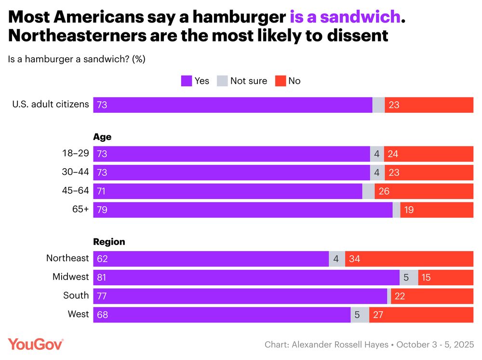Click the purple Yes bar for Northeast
pos(211,259)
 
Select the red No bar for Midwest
pos(445,277)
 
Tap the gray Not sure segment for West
pos(360,314)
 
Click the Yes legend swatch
pos(187,81)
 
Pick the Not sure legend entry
pos(242,81)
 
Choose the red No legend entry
pos(288,81)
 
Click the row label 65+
pos(80,210)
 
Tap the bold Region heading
pos(109,242)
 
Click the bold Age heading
pos(102,137)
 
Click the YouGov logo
pos(35,344)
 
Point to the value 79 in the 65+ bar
pos(102,210)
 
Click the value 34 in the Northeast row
pos(355,259)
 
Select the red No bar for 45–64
pos(424,191)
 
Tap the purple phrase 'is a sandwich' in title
pos(345,17)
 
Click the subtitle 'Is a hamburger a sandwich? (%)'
pos(77,59)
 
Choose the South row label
pos(76,295)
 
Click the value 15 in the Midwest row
pos(427,277)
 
